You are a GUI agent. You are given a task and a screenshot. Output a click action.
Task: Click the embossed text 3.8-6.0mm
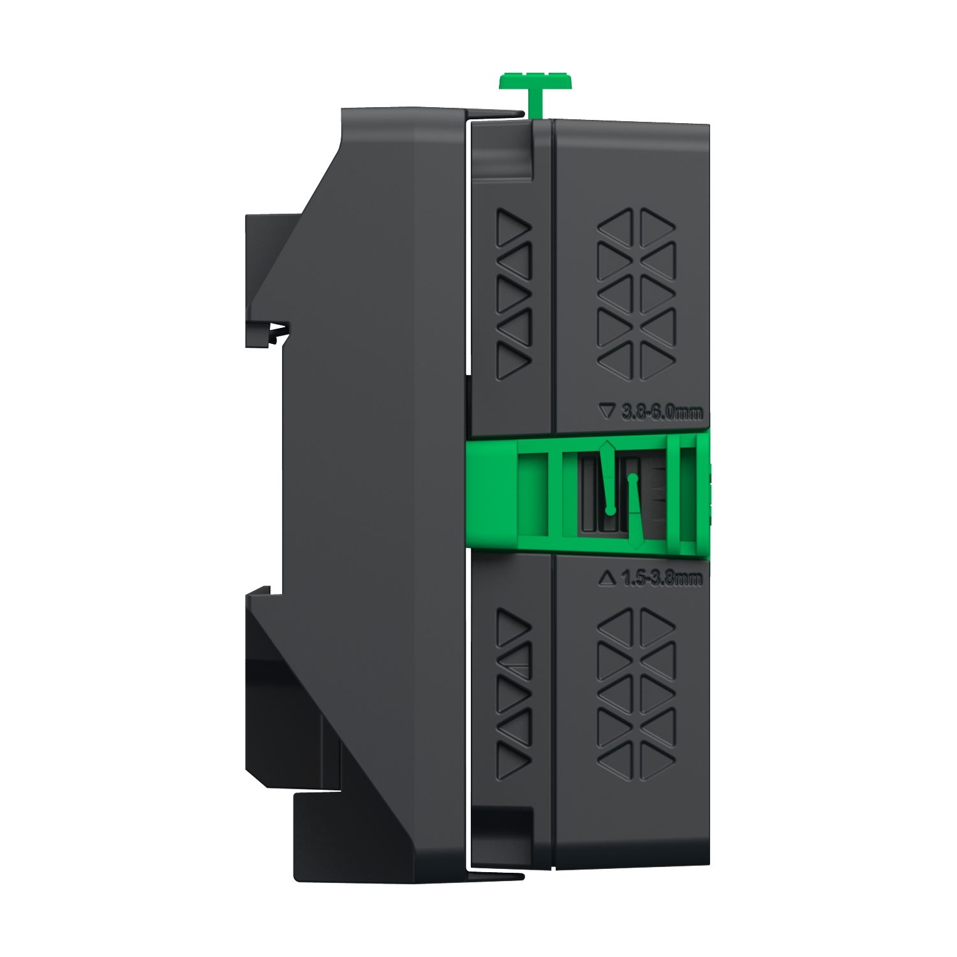coord(662,413)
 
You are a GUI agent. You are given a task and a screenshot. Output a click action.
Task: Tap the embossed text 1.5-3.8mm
coord(662,579)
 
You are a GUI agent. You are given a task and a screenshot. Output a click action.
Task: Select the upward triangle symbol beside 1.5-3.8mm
coord(607,579)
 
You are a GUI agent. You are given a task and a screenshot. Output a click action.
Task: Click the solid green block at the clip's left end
coord(492,491)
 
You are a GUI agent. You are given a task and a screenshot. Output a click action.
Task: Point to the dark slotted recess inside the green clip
coord(590,504)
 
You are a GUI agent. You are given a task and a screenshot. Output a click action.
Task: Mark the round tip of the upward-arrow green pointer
coord(610,510)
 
